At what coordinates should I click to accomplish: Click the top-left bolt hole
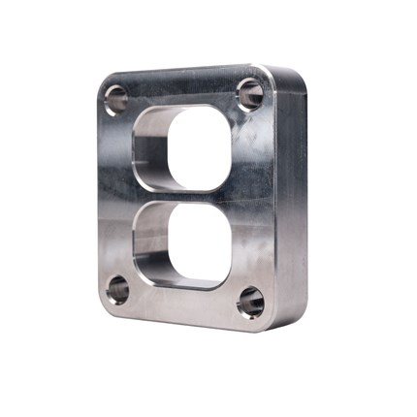[116, 98]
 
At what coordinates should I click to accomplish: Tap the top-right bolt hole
[249, 92]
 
